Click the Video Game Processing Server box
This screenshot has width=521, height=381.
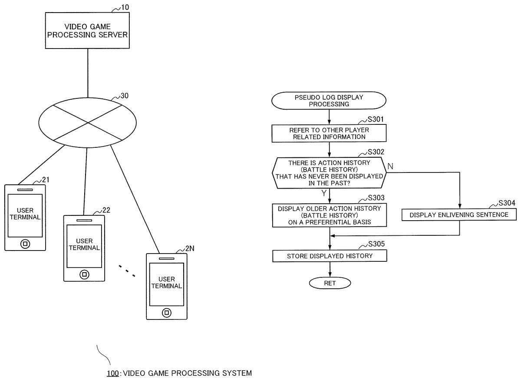(x=88, y=30)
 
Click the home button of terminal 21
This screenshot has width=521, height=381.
(x=25, y=244)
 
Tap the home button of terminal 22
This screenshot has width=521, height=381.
(x=84, y=274)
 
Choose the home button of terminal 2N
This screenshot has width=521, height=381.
(x=165, y=313)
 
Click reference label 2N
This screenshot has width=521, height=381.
(x=190, y=248)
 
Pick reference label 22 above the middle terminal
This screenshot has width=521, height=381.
(x=106, y=210)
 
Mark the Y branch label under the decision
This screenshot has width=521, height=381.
(x=323, y=193)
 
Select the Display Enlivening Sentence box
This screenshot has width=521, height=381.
(x=459, y=215)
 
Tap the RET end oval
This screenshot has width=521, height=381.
(x=330, y=283)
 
